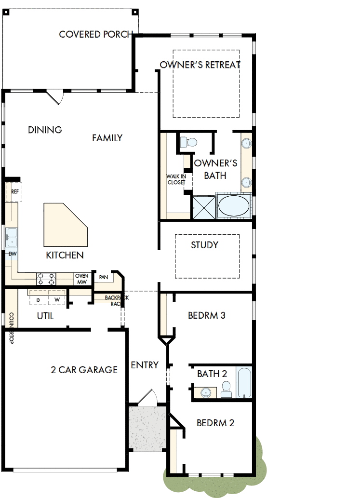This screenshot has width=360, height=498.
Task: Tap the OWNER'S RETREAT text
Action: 200,65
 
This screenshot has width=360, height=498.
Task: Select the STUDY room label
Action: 204,245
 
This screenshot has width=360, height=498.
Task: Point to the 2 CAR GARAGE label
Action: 84,370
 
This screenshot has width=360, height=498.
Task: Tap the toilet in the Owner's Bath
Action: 187,142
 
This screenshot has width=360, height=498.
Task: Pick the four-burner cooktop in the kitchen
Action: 46,279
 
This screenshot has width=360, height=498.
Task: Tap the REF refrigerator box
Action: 14,191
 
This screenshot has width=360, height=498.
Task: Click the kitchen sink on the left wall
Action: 12,236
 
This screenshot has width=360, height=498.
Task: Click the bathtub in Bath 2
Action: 244,383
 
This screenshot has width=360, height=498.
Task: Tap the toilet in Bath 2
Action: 226,389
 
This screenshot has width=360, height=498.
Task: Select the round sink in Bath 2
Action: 206,392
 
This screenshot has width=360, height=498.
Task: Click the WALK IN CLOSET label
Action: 176,179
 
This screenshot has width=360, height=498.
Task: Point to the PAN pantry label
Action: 103,277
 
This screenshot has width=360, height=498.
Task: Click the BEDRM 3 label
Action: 206,316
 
